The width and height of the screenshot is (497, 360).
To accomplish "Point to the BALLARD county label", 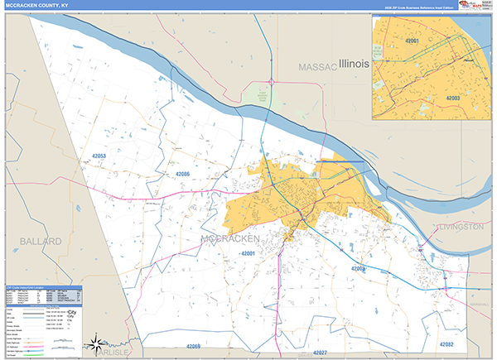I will pyautogui.click(x=37, y=241).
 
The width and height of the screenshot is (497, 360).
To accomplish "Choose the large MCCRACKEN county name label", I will pyautogui.click(x=231, y=239).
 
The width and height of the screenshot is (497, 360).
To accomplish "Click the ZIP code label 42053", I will pyautogui.click(x=99, y=156).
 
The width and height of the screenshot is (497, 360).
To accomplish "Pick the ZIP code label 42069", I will pyautogui.click(x=194, y=346).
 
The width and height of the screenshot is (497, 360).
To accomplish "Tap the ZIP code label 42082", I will pyautogui.click(x=446, y=343).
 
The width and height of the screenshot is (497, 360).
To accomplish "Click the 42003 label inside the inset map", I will pyautogui.click(x=453, y=97).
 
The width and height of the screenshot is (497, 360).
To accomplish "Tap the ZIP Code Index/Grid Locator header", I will pyautogui.click(x=25, y=289).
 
